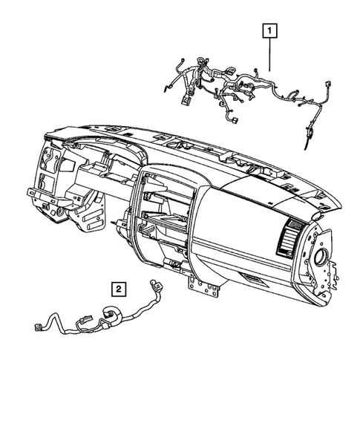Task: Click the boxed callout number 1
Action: pos(269,31)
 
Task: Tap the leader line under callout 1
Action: pos(269,56)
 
